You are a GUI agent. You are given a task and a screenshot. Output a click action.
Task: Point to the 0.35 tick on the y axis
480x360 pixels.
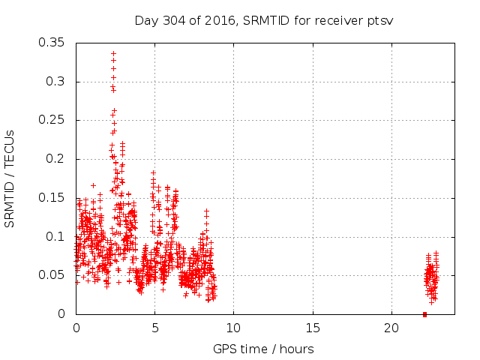click(52, 43)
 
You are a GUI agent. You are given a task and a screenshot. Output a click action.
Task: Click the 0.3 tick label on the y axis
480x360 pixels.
click(56, 81)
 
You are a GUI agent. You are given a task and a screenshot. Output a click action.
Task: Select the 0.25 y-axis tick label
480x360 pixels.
click(52, 120)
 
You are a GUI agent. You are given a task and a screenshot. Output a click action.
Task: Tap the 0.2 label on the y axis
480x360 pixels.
click(56, 159)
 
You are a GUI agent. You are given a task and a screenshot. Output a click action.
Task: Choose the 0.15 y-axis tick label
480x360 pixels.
click(52, 197)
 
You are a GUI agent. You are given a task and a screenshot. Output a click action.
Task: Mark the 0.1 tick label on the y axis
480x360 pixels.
click(56, 236)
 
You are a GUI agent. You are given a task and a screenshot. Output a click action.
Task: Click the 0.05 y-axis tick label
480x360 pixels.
click(52, 275)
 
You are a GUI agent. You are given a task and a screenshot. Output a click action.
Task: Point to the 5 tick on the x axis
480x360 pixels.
click(155, 328)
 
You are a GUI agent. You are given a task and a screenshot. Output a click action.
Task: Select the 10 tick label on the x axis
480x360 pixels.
click(233, 328)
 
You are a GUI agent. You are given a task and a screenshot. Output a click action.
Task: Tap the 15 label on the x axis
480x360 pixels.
click(312, 328)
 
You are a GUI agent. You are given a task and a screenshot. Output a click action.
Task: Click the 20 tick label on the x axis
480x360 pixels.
click(391, 328)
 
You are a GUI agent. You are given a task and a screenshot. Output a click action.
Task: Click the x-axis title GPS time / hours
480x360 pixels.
click(263, 349)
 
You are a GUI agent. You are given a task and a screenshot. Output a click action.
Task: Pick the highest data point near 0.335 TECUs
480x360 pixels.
click(113, 54)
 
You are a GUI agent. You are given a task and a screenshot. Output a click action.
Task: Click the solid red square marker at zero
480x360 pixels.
click(424, 314)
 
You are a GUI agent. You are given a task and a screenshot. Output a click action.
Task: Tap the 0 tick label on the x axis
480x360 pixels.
click(76, 328)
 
